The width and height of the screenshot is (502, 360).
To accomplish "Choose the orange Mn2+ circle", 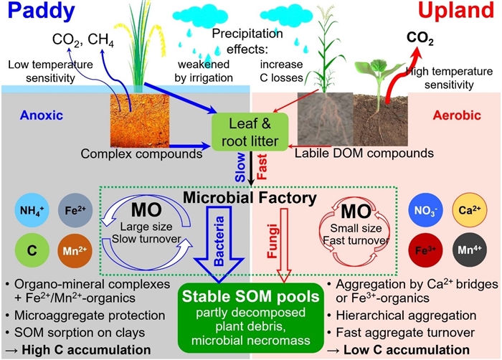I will click(x=73, y=251).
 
